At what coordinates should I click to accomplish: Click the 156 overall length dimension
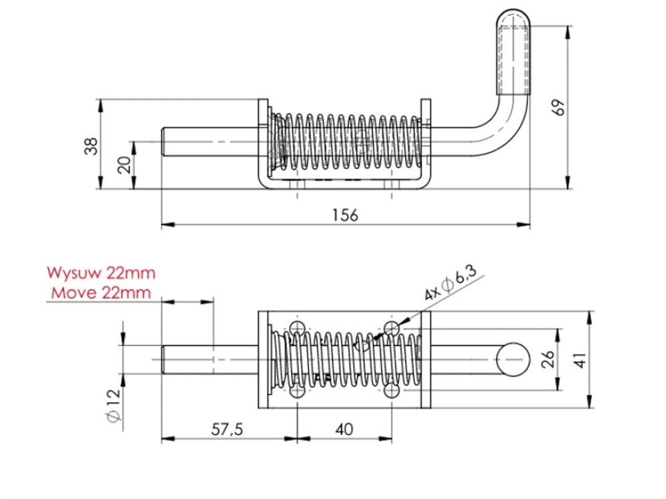[x=345, y=215]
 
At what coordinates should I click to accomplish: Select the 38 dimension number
[x=91, y=145]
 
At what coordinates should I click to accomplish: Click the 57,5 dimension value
[x=228, y=429]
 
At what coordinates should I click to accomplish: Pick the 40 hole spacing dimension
[x=344, y=429]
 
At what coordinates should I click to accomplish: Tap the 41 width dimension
[x=581, y=360]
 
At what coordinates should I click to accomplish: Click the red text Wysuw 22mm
[x=101, y=273]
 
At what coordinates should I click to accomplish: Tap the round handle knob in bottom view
[x=512, y=359]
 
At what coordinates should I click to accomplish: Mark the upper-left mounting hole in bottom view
[x=297, y=328]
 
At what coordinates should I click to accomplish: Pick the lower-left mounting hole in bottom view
[x=297, y=391]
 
